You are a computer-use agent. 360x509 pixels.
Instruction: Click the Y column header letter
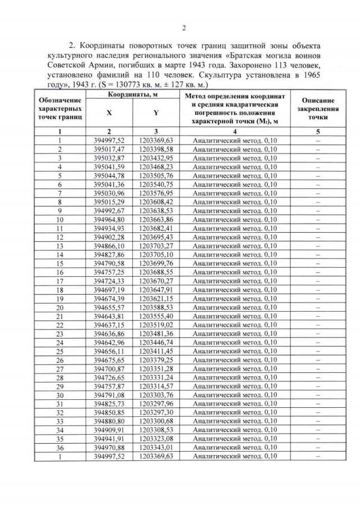click(156, 112)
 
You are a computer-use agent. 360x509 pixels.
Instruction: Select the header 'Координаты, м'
click(132, 96)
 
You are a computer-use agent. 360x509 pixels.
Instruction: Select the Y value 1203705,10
click(156, 255)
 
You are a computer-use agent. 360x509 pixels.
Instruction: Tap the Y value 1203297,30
click(156, 413)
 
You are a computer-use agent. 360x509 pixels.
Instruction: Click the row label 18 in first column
click(59, 290)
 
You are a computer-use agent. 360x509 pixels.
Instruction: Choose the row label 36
click(59, 448)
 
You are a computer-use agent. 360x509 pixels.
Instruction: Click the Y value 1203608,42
click(156, 202)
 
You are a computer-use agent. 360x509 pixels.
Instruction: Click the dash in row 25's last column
click(318, 351)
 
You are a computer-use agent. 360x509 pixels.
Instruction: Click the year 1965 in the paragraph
click(314, 73)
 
